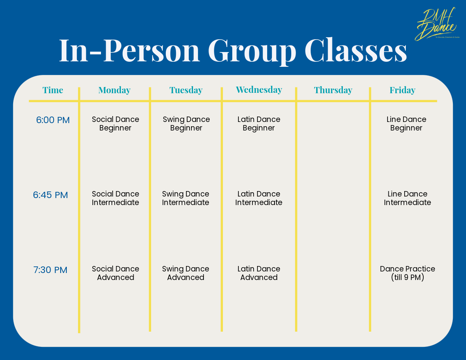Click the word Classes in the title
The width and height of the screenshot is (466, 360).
[355, 50]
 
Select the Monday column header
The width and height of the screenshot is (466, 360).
[115, 90]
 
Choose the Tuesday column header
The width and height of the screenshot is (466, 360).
[186, 90]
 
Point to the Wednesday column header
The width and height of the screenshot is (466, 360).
[259, 90]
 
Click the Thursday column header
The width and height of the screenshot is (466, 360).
[333, 90]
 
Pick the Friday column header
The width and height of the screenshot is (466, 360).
[402, 90]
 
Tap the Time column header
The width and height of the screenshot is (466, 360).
[53, 90]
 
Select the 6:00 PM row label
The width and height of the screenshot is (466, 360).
[53, 120]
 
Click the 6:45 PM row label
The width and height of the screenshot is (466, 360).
[50, 195]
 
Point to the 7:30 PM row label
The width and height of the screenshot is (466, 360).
[50, 270]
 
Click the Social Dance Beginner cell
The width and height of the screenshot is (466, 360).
[115, 123]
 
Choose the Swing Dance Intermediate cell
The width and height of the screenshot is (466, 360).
[186, 198]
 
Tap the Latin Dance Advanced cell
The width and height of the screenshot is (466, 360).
[259, 273]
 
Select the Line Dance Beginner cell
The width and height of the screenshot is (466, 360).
[406, 123]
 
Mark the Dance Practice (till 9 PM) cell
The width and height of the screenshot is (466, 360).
[407, 273]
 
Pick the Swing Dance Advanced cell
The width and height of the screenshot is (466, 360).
[186, 273]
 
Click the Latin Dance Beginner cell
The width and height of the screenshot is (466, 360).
[259, 123]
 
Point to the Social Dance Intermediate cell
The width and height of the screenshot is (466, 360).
[115, 198]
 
